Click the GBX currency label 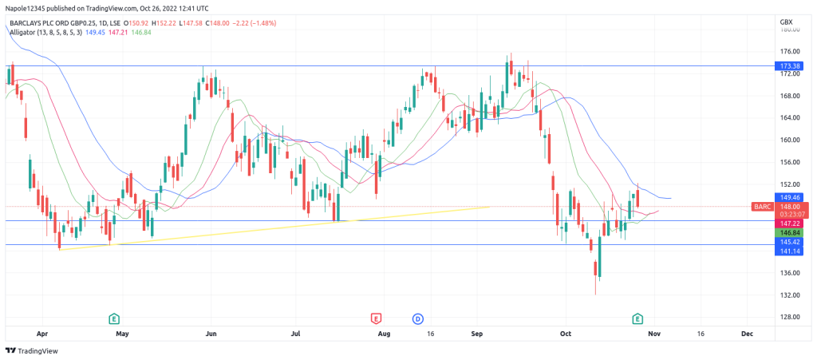click(787, 21)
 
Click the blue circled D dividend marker click(417, 318)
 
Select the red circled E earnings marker click(377, 318)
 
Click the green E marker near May click(114, 318)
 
